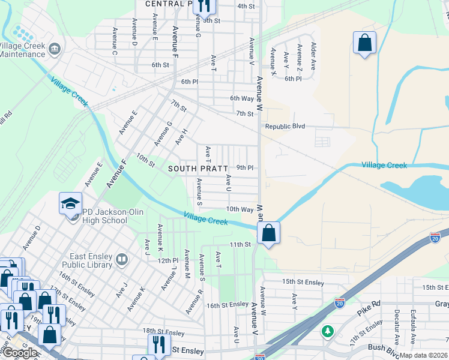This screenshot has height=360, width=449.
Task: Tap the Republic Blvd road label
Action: pyautogui.click(x=285, y=127)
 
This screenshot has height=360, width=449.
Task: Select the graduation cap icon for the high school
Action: pyautogui.click(x=70, y=203)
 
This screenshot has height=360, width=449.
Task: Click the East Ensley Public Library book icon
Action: pyautogui.click(x=122, y=259)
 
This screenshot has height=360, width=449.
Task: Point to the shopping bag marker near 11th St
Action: pyautogui.click(x=268, y=232)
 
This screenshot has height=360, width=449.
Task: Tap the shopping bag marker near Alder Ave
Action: pyautogui.click(x=364, y=43)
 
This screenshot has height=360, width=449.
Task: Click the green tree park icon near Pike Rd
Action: pyautogui.click(x=327, y=331)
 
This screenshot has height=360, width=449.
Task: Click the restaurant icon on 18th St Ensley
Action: pyautogui.click(x=158, y=344)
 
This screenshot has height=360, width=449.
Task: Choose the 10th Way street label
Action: pyautogui.click(x=240, y=209)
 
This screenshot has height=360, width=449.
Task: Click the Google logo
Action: pyautogui.click(x=20, y=353)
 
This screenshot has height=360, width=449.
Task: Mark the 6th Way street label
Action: pyautogui.click(x=242, y=98)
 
